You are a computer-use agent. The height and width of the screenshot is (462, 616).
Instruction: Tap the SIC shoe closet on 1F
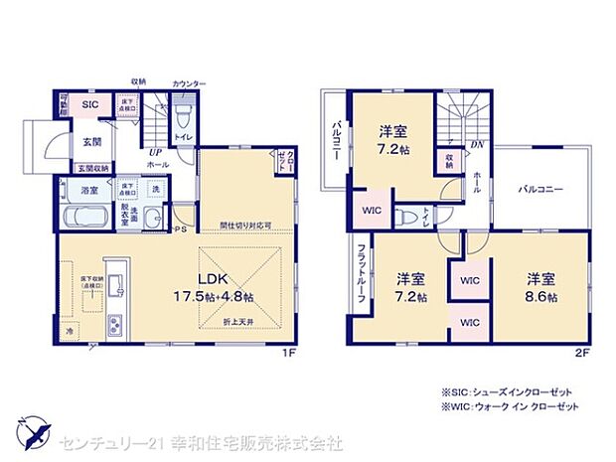(x=89, y=104)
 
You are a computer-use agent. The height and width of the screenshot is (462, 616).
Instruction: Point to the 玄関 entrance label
(x=91, y=142)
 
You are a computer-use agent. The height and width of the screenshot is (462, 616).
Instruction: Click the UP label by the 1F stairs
(x=156, y=153)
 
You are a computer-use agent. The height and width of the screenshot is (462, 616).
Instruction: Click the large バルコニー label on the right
(x=541, y=187)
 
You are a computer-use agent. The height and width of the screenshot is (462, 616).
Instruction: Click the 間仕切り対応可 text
(x=245, y=225)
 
